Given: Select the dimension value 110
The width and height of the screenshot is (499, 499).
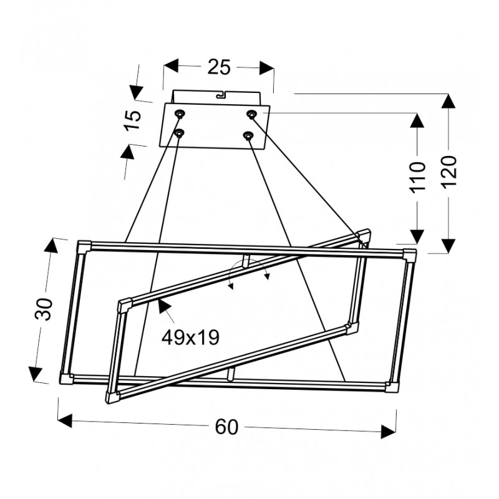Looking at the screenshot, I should pos(419,176).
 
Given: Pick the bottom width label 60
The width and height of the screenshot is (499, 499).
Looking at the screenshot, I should pos(227,427).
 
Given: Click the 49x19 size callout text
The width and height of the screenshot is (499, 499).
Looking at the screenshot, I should pos(190,337).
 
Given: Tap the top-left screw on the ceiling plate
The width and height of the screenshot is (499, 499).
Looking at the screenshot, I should pos(180,114).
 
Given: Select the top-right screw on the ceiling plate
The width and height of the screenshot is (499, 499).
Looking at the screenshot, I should pos(251,114).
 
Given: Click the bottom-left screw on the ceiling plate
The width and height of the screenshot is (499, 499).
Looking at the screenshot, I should pos(178,133).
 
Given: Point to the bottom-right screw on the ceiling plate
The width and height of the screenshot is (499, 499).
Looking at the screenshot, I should pos(248,135).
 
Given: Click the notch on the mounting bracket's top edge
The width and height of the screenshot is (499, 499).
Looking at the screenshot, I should pos(220,95).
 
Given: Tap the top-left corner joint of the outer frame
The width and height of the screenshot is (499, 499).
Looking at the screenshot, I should pos(83,245).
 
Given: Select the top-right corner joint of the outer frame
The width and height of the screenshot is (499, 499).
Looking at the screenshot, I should pos(409,254).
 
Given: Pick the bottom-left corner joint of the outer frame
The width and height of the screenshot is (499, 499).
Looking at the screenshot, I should pos(66,377).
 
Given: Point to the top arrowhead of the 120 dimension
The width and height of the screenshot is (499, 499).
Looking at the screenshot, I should pos(447,101).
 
